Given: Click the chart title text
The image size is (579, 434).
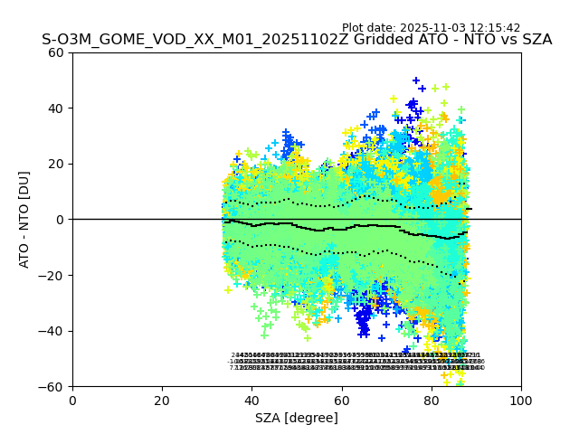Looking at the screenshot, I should (297, 40).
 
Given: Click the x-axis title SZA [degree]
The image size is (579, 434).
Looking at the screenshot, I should (297, 418).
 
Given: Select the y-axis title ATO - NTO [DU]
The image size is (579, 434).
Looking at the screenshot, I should (24, 219).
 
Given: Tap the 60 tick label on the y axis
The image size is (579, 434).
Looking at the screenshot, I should (56, 52).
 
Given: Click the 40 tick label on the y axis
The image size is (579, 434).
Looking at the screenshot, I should (56, 108).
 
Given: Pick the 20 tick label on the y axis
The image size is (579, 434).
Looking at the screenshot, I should (56, 164).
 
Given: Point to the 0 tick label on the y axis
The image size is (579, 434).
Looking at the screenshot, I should (60, 220).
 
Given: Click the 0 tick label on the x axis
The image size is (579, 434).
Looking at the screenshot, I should (72, 401).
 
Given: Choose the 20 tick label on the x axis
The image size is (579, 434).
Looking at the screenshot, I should (162, 401).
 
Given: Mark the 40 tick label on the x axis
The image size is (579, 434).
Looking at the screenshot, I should (252, 401).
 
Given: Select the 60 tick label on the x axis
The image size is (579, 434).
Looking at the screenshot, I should (342, 401).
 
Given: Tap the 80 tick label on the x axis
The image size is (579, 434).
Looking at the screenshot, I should (432, 401).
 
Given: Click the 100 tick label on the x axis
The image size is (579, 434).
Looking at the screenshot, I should (521, 401).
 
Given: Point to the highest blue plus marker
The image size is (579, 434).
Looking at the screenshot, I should (416, 80).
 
